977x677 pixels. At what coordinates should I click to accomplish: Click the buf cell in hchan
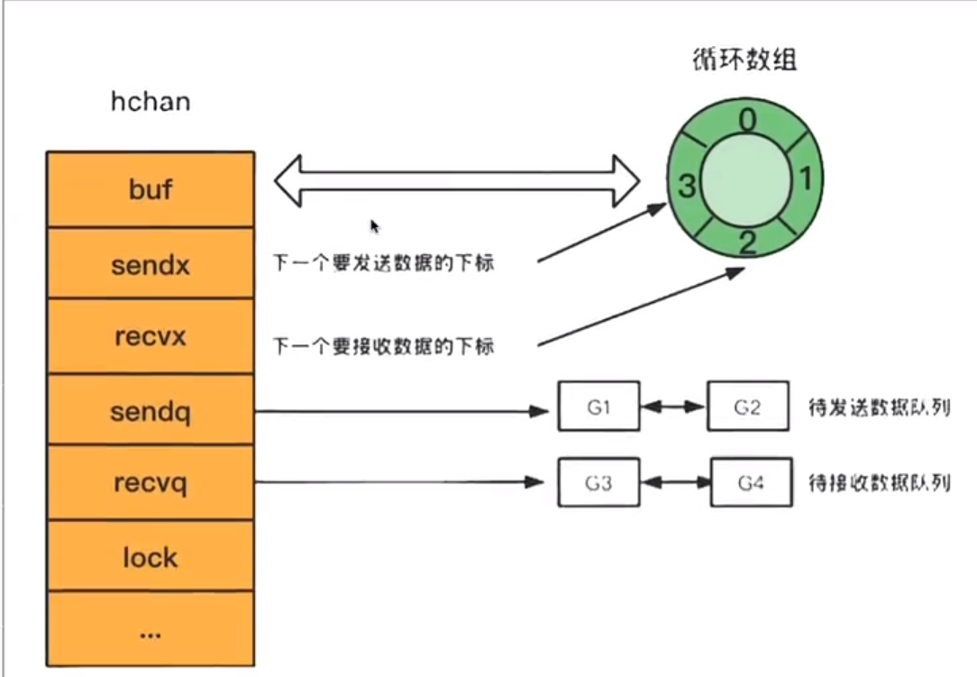151,189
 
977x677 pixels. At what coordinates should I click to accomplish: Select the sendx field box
151,264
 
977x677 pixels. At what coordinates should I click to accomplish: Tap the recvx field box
151,336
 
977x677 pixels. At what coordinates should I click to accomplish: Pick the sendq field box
151,411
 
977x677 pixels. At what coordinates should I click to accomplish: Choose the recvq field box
151,483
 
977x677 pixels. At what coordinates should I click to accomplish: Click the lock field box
151,557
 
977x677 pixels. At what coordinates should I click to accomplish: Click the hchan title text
151,101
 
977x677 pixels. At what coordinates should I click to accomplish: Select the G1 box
598,407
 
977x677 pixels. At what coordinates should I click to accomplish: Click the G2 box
747,407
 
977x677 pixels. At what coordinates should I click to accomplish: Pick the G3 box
598,483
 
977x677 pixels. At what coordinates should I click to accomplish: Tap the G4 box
750,483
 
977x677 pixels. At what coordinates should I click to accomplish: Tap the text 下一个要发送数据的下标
383,264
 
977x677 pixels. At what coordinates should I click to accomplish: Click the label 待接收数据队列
881,484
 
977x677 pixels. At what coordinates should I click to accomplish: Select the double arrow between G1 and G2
673,407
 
